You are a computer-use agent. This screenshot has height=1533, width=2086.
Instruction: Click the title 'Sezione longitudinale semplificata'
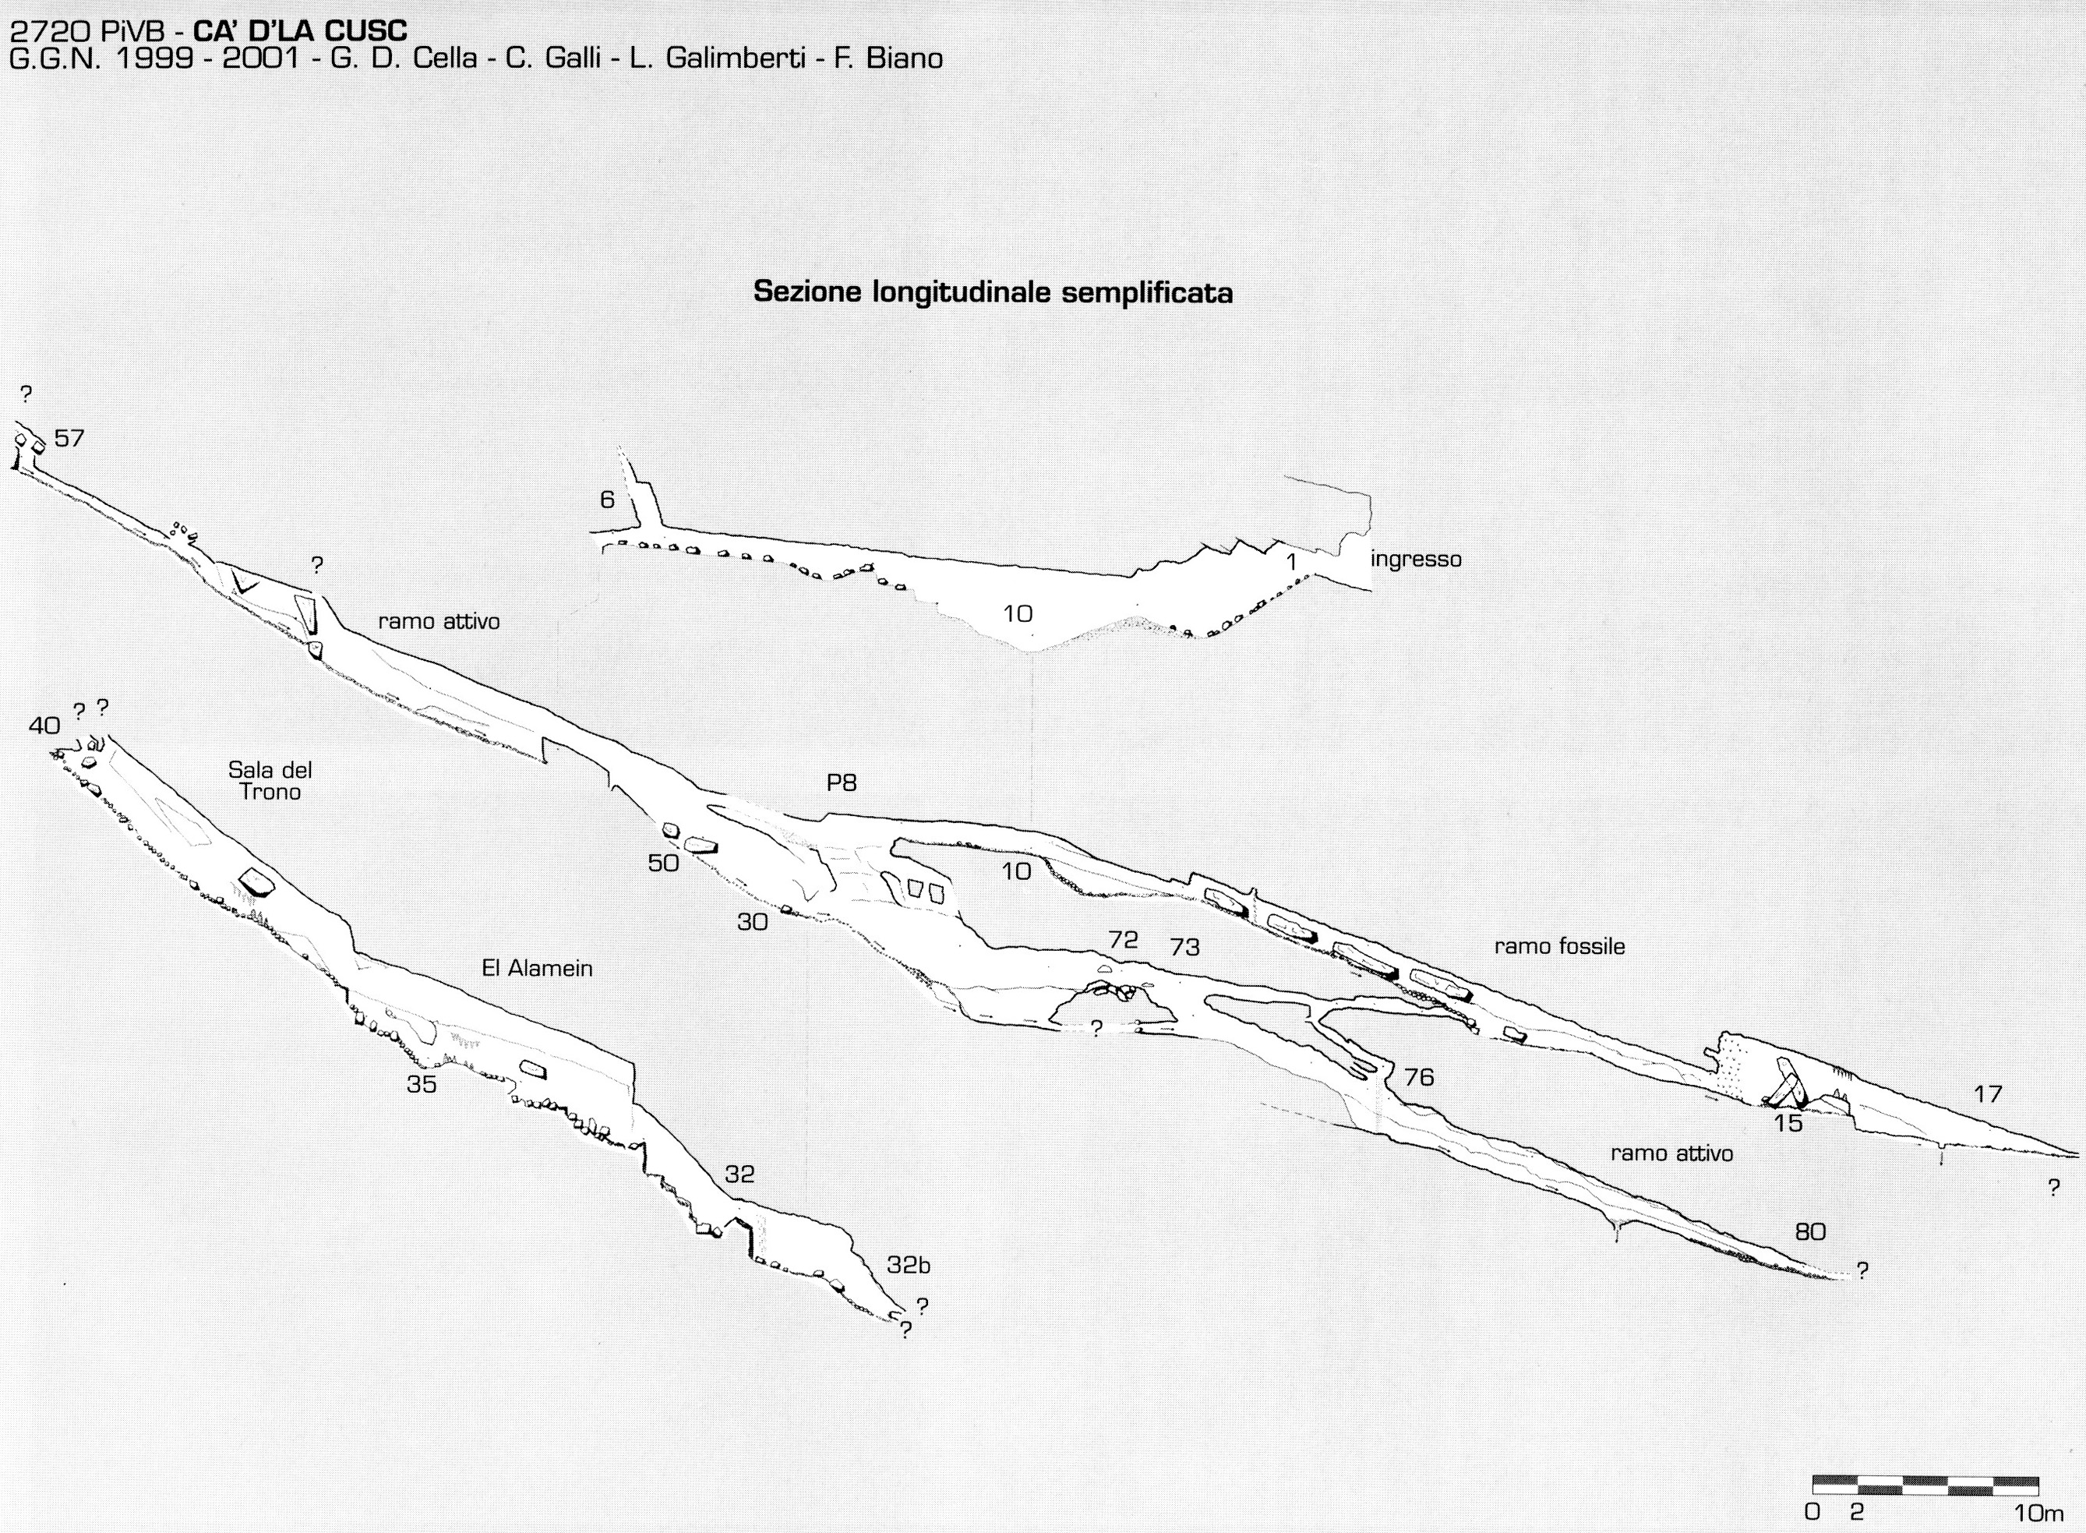[993, 292]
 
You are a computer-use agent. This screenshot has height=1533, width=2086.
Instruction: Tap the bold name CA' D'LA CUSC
[300, 30]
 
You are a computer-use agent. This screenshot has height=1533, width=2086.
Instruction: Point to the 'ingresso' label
[1416, 560]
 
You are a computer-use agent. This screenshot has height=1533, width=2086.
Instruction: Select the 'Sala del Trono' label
[270, 780]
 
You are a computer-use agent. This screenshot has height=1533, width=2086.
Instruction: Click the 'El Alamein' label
[537, 969]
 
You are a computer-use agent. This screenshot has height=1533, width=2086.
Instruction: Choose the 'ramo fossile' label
[1560, 946]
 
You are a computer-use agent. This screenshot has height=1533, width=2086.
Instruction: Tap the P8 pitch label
[842, 783]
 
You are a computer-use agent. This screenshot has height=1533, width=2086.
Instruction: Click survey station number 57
[69, 438]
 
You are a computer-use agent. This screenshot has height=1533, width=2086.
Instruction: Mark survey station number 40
[44, 726]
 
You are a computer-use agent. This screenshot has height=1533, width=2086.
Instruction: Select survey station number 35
[422, 1084]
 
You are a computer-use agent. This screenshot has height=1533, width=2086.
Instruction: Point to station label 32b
[909, 1265]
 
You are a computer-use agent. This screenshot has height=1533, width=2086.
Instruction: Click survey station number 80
[1810, 1231]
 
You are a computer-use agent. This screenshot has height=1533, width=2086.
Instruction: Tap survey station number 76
[1419, 1076]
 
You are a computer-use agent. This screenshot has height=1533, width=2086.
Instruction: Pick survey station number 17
[1988, 1094]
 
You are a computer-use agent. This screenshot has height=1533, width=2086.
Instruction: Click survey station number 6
[607, 500]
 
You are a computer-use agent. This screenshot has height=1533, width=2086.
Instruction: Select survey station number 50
[663, 863]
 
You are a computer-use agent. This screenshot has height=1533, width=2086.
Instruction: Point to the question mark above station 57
[26, 394]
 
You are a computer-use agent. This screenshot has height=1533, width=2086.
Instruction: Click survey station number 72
[1123, 940]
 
